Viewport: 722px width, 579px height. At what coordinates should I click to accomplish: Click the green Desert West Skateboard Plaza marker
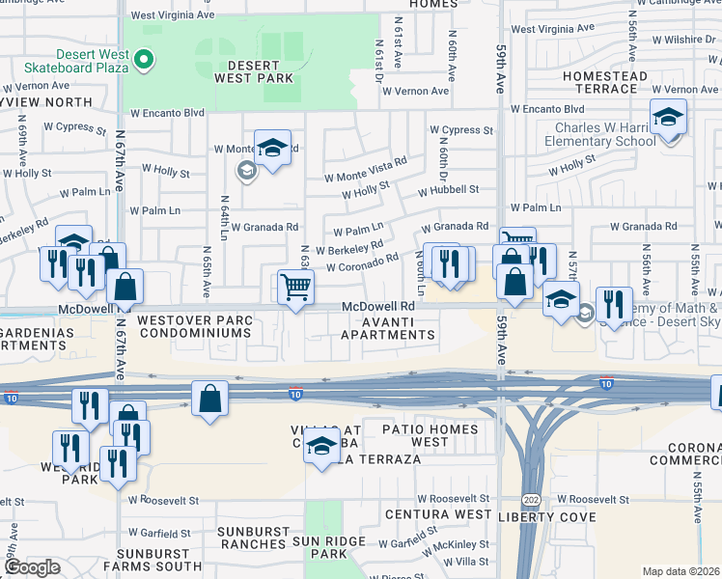click(x=145, y=62)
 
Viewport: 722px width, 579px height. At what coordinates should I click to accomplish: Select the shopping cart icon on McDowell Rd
click(x=294, y=286)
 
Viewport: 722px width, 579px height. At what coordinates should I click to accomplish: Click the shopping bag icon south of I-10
click(x=209, y=399)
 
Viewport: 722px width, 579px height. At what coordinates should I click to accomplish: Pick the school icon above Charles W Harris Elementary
click(x=668, y=118)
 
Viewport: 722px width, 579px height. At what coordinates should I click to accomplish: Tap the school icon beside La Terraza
click(x=322, y=446)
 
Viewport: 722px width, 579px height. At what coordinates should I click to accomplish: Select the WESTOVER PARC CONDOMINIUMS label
click(x=194, y=326)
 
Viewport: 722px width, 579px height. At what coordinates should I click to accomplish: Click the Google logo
click(x=32, y=567)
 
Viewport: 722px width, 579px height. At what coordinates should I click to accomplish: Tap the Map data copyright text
click(x=681, y=571)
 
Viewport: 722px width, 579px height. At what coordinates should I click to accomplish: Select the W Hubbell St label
click(x=448, y=190)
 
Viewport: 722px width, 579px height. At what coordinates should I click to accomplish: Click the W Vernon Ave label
click(x=415, y=92)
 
